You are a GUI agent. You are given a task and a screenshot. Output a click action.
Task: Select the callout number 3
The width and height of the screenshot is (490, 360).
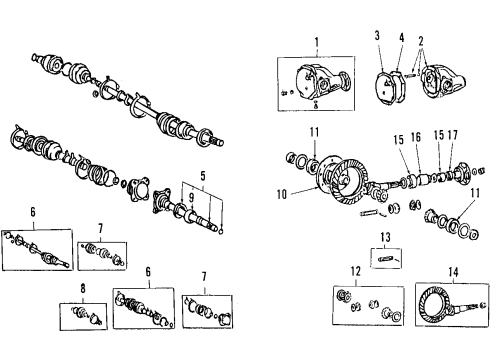[379, 36]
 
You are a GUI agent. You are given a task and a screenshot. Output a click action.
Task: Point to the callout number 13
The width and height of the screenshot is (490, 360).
[384, 238]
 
